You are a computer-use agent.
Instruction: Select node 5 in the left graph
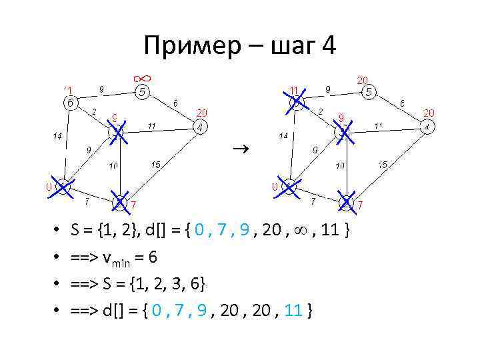point(143,93)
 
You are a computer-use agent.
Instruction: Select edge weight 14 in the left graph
point(58,136)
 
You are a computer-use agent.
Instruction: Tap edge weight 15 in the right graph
point(383,164)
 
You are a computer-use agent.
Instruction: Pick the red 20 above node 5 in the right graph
point(364,79)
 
